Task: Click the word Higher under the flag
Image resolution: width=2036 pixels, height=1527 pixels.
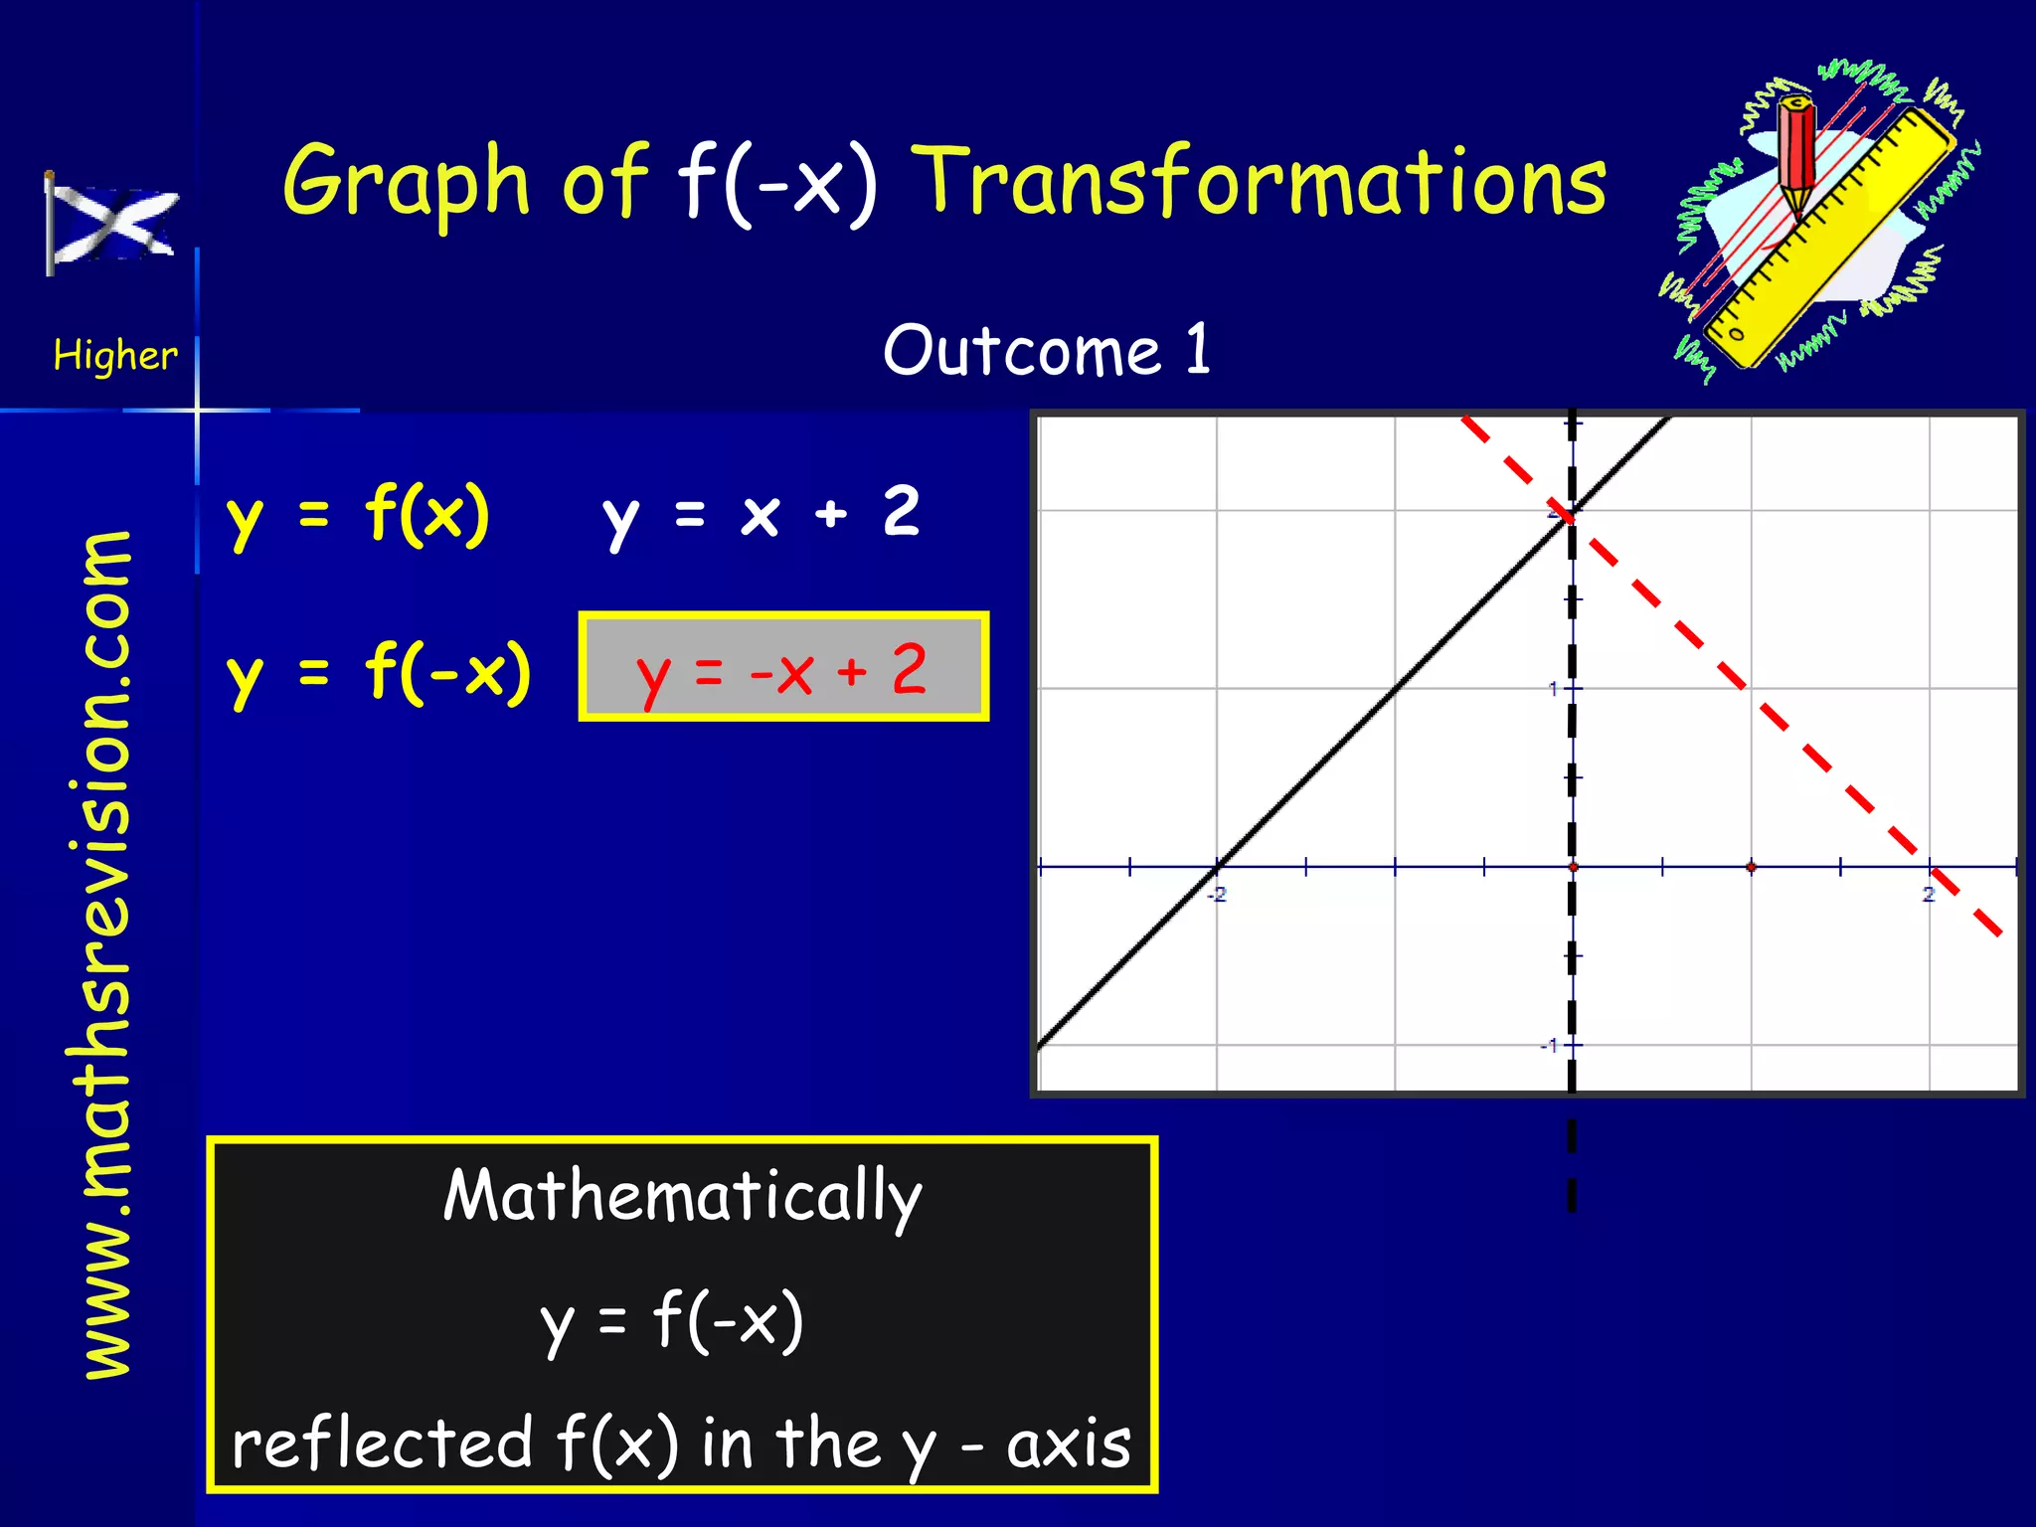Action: coord(115,355)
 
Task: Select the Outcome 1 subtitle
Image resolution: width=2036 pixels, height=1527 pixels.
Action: coord(1047,350)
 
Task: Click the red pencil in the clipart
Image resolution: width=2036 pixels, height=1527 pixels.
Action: coord(1795,155)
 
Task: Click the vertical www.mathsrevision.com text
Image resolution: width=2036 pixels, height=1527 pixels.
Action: coord(107,954)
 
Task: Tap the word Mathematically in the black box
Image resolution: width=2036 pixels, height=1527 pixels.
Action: coord(682,1196)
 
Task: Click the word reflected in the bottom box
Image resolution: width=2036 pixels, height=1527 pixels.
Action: coord(383,1443)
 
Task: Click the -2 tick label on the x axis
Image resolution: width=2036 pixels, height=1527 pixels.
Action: coord(1217,895)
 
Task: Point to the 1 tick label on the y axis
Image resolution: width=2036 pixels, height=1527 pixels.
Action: coord(1553,688)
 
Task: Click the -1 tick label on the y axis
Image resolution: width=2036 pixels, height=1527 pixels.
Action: coord(1549,1046)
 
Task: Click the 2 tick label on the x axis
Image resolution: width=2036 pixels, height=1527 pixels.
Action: coord(1929,895)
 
